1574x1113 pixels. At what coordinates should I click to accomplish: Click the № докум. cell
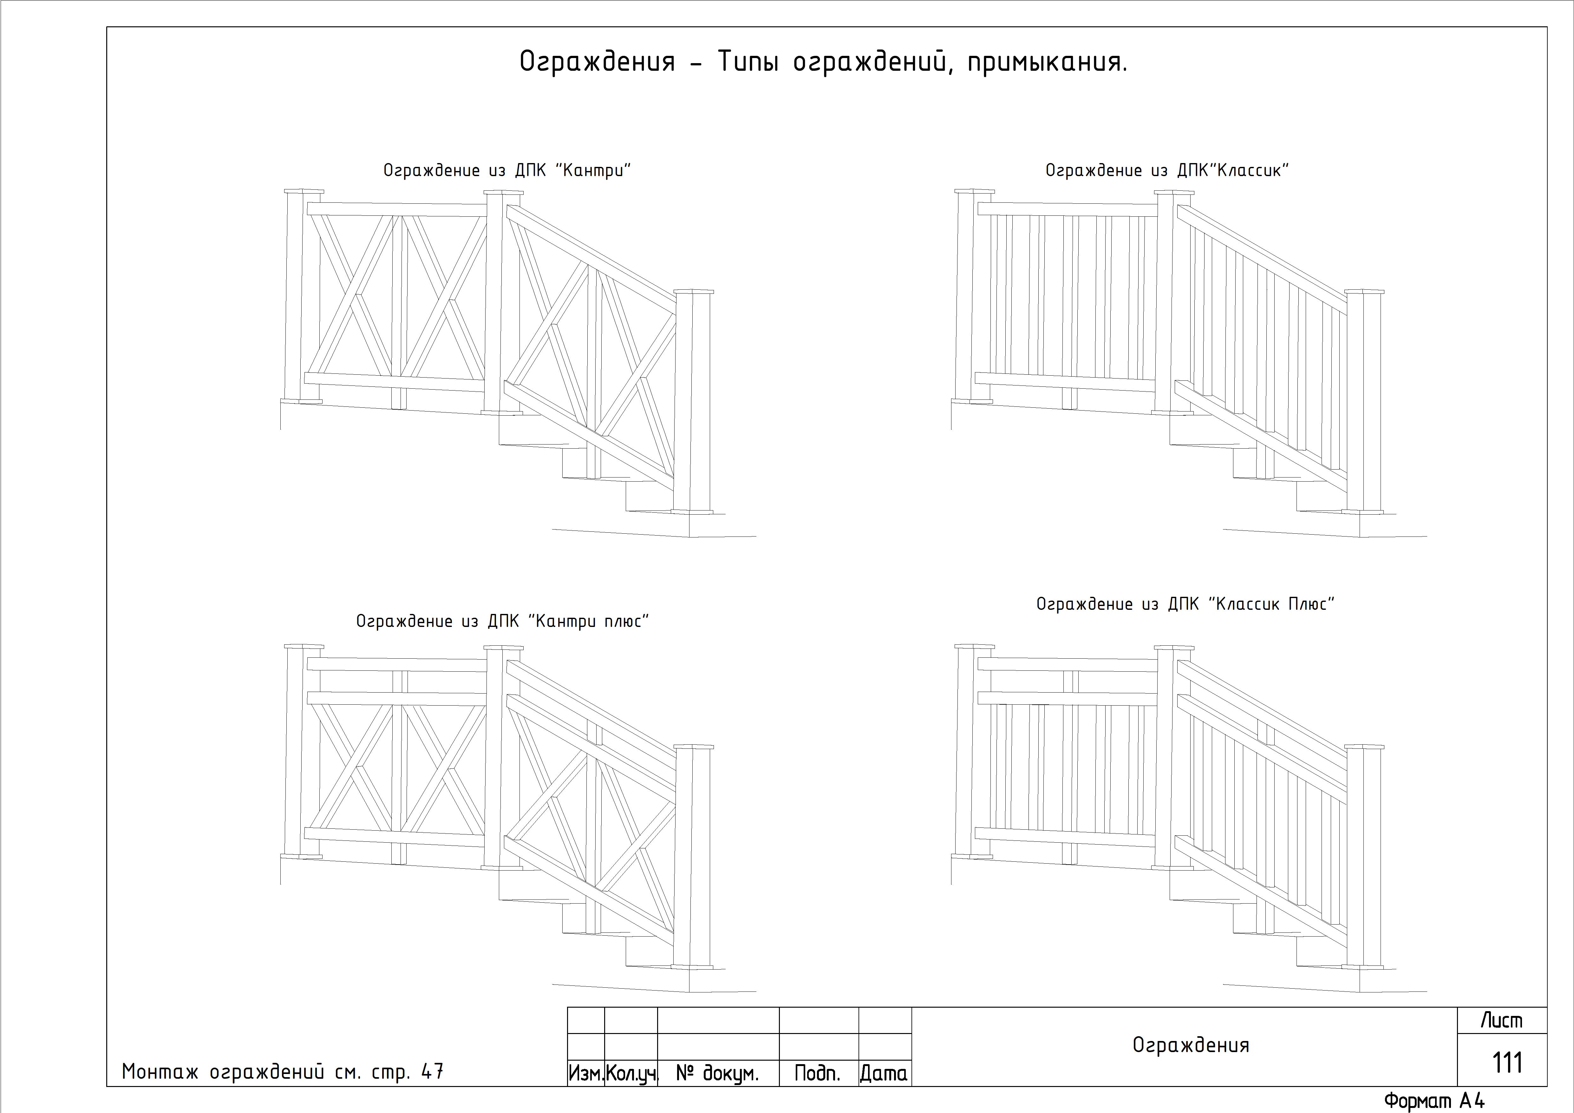(x=718, y=1073)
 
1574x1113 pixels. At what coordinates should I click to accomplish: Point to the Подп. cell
(x=819, y=1073)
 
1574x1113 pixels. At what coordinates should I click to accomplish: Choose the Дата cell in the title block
(x=884, y=1073)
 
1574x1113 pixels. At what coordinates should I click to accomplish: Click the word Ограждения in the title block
(x=1191, y=1045)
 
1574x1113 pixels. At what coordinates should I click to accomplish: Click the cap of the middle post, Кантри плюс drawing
(x=503, y=647)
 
